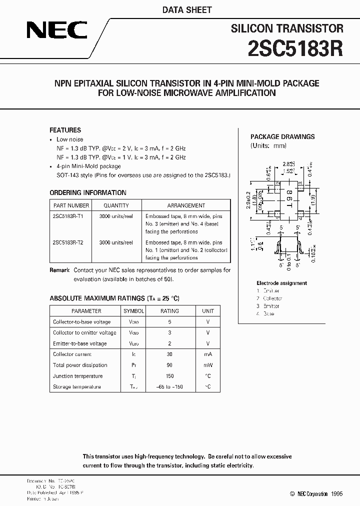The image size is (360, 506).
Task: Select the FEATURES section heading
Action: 65,130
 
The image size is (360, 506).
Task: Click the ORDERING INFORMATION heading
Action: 88,193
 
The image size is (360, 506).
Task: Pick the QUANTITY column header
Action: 116,205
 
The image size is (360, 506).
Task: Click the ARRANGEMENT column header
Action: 186,205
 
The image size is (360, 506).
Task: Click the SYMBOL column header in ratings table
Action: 133,311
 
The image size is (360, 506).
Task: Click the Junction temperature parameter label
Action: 77,376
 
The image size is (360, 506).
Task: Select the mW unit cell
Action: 207,365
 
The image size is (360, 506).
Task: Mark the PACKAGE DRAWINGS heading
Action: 282,136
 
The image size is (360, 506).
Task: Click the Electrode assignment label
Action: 282,283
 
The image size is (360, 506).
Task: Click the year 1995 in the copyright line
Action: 336,493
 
